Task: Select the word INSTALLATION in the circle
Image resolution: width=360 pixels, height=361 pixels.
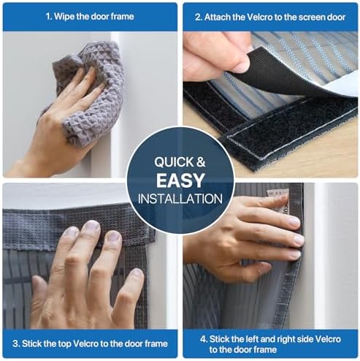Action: coord(180,198)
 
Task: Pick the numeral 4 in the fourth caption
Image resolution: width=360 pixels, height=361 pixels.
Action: coord(204,338)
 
